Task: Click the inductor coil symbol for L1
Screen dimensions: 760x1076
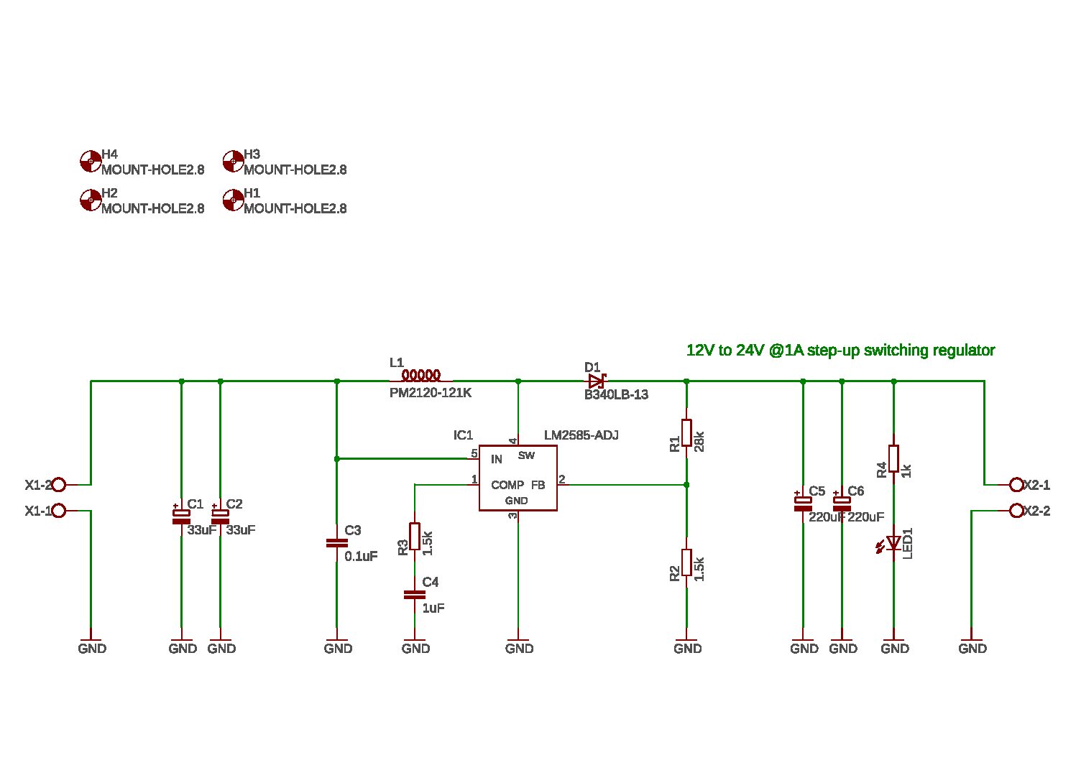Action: click(x=421, y=376)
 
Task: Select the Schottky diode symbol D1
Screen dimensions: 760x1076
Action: click(x=597, y=381)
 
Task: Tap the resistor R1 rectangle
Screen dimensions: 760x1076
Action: click(x=686, y=433)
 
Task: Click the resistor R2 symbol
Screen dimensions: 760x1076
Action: click(x=686, y=562)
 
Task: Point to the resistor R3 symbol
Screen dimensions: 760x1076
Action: click(x=415, y=537)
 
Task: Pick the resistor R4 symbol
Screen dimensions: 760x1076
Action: click(x=893, y=458)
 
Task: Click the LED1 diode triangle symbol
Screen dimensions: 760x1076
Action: click(x=893, y=543)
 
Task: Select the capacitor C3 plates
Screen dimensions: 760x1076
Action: click(x=336, y=543)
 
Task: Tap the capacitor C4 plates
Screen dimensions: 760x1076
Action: click(x=415, y=595)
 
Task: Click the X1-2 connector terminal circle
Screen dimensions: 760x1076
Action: click(x=59, y=485)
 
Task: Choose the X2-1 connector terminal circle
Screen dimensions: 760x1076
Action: click(x=1016, y=485)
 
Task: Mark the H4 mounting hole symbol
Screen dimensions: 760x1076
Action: click(x=91, y=162)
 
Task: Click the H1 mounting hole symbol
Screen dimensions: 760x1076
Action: click(x=233, y=200)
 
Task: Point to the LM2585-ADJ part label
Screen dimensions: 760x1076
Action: click(x=581, y=435)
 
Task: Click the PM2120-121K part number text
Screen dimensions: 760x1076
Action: click(x=430, y=394)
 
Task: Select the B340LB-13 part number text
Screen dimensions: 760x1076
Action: click(x=616, y=395)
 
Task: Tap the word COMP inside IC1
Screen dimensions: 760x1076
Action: click(x=507, y=486)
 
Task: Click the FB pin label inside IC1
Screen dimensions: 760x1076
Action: click(x=538, y=486)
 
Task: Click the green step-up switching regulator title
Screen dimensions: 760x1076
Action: click(x=840, y=351)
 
